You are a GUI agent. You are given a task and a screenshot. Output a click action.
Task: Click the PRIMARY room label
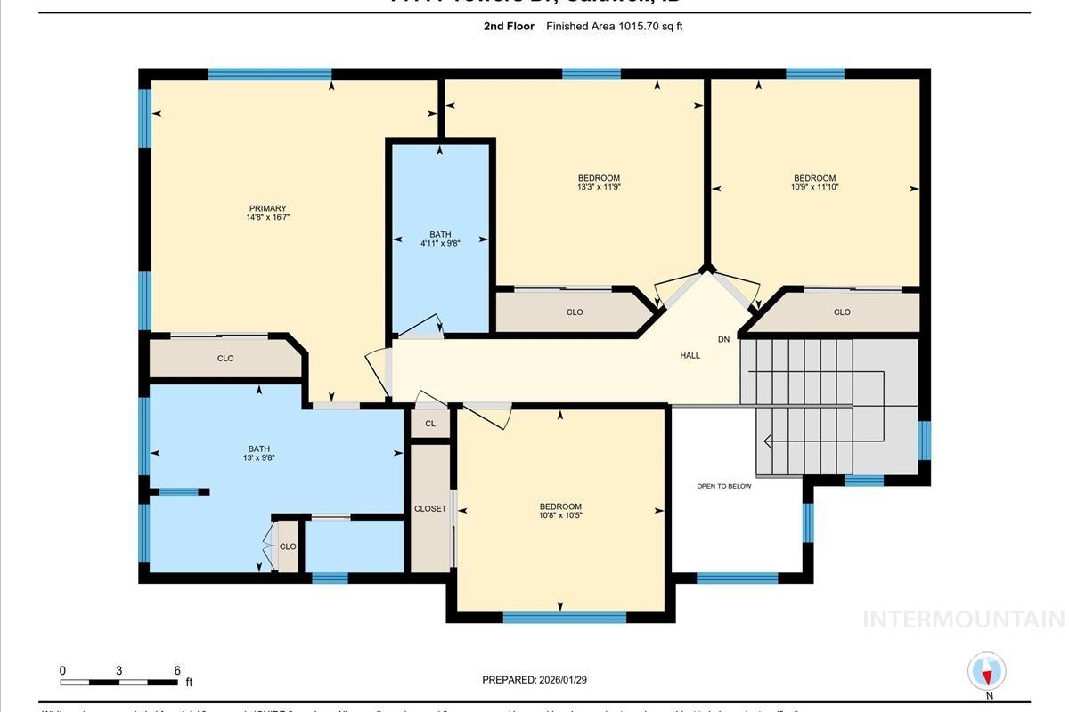pos(267,208)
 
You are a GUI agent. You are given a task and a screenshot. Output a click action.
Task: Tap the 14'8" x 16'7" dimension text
pos(267,217)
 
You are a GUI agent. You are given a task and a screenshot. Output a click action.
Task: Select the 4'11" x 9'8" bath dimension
pos(440,244)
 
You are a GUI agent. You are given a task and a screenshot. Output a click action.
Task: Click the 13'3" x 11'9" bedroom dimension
pos(598,187)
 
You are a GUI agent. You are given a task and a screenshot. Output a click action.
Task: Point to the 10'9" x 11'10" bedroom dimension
pos(814,187)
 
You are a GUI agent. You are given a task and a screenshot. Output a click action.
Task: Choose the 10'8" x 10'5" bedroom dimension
pos(559,515)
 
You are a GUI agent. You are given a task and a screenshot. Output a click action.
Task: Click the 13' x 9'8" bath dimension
pos(258,458)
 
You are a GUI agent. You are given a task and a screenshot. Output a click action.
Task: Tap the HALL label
pos(690,355)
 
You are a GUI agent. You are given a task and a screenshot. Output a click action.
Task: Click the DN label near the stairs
pos(723,339)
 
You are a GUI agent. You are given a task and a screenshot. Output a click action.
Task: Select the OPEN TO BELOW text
pos(723,486)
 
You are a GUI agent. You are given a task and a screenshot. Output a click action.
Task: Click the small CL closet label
pos(430,424)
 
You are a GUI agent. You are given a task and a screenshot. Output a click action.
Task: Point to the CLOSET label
pos(430,508)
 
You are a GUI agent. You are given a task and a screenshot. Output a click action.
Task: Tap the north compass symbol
pos(987,672)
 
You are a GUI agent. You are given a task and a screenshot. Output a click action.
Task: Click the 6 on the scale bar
pos(176,670)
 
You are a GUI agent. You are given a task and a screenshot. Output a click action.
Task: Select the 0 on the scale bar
pos(62,670)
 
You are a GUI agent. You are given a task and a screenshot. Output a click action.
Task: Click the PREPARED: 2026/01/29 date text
pos(534,680)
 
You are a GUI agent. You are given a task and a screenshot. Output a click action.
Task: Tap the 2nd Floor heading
pos(509,27)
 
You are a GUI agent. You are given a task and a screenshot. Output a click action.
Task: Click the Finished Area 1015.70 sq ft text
pos(614,27)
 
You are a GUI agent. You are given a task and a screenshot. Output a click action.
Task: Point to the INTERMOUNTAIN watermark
pos(964,619)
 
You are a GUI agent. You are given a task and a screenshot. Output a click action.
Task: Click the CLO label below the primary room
pos(225,358)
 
